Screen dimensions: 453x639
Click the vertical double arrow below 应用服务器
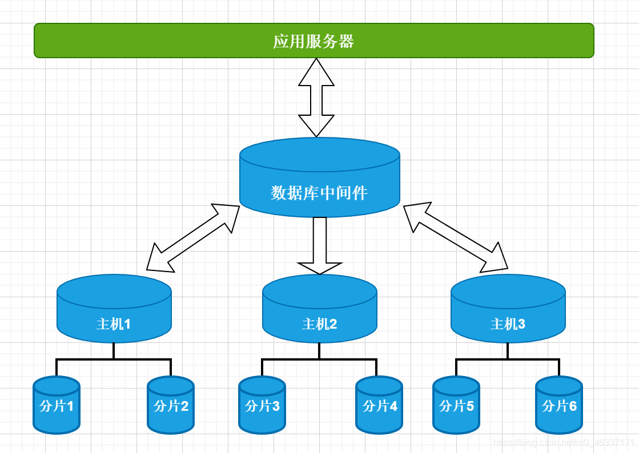(316, 98)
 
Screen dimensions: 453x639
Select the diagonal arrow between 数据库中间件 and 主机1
(193, 237)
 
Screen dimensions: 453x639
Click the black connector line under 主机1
(114, 359)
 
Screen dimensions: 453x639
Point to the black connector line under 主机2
(319, 359)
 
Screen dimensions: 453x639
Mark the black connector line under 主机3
(508, 359)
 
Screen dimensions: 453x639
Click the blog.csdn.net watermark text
(564, 443)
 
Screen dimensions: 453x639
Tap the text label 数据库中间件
(319, 193)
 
